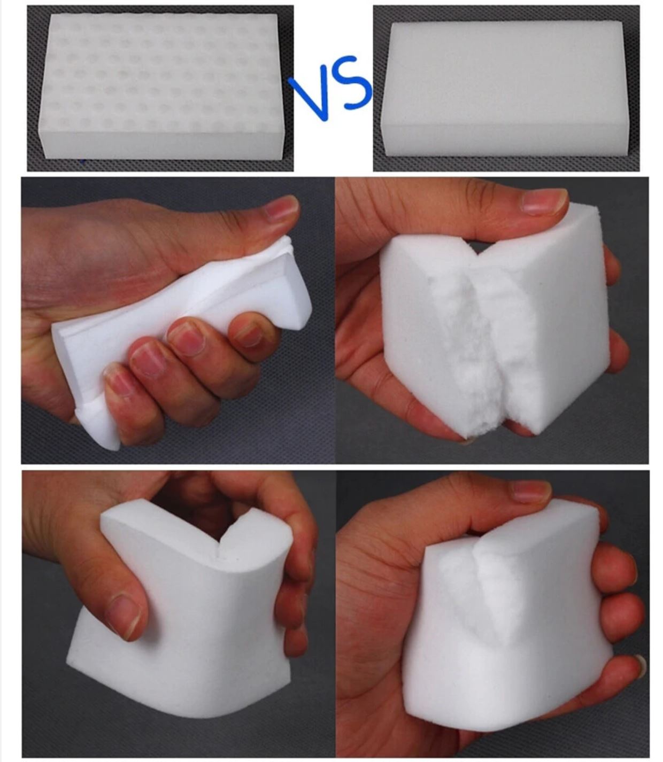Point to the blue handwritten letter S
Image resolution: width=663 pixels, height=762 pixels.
coord(354,83)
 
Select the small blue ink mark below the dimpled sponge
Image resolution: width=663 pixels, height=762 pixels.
coord(83,161)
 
